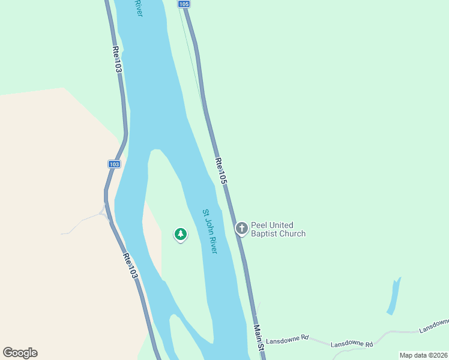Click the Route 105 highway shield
click(184, 4)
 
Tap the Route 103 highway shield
click(115, 164)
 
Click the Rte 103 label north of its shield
click(117, 61)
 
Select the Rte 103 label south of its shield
click(131, 266)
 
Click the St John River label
click(209, 231)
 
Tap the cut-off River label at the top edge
click(139, 8)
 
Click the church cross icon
click(242, 228)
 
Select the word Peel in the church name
click(259, 224)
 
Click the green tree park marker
click(181, 234)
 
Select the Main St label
click(259, 338)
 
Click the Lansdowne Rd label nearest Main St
click(287, 338)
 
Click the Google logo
click(20, 353)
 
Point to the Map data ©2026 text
click(423, 355)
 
